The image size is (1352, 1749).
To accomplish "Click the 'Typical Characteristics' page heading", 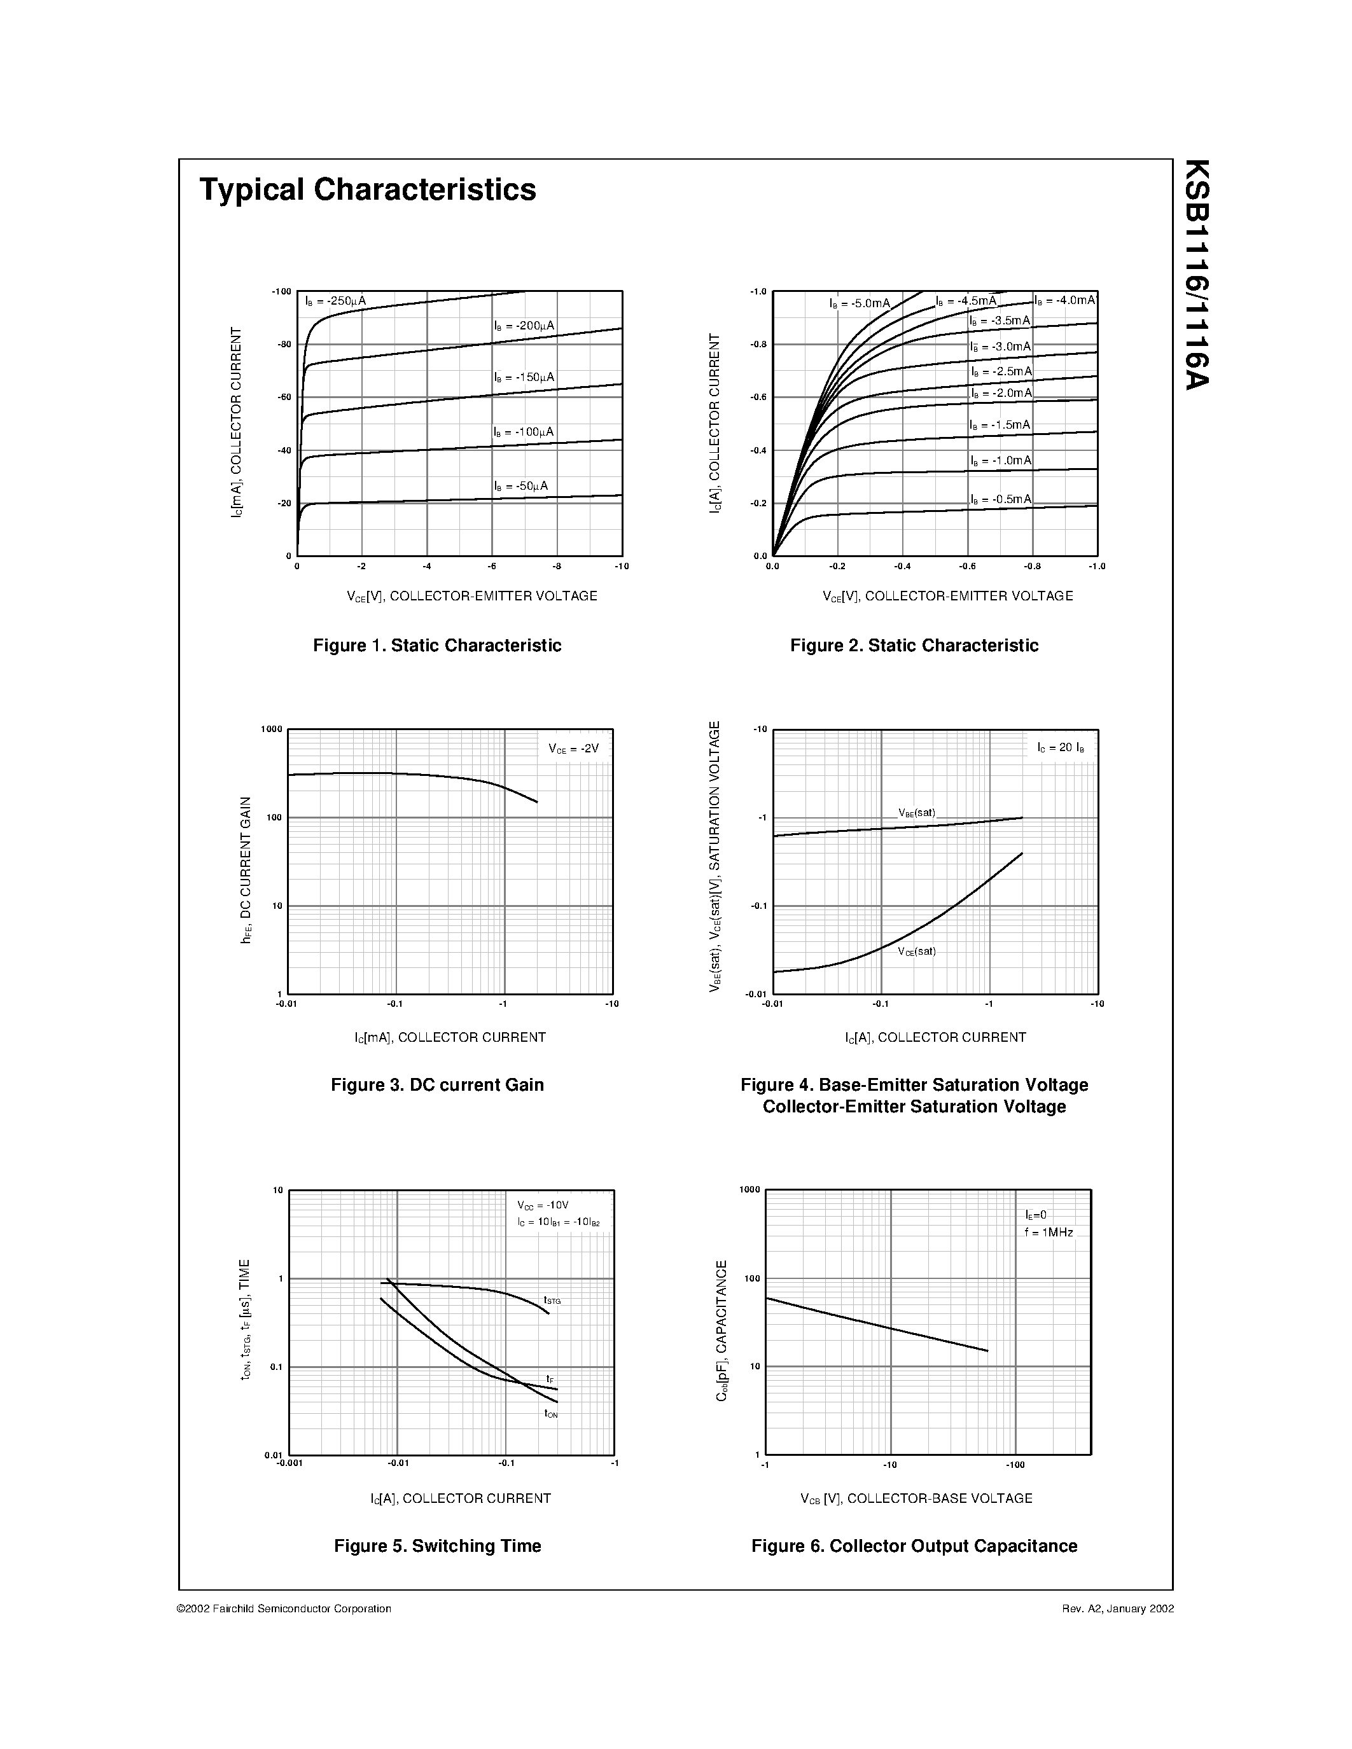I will (x=368, y=190).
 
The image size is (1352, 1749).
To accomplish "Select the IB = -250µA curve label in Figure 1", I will (x=335, y=301).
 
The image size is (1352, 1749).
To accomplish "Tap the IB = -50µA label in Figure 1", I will (x=520, y=486).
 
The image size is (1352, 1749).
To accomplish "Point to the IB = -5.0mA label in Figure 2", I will (x=860, y=303).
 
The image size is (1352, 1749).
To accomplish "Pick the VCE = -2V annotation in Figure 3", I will (x=573, y=749).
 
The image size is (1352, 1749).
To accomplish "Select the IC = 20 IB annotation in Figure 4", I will (x=1061, y=748).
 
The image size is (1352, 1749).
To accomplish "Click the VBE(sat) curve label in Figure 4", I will (x=916, y=812).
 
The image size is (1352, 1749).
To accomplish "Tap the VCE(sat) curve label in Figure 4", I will (x=916, y=951).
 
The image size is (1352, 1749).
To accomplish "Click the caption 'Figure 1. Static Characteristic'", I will (x=436, y=646).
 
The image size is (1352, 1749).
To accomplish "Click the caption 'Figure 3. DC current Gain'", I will (x=437, y=1085).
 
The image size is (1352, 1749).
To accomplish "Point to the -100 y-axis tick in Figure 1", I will (x=281, y=291).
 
